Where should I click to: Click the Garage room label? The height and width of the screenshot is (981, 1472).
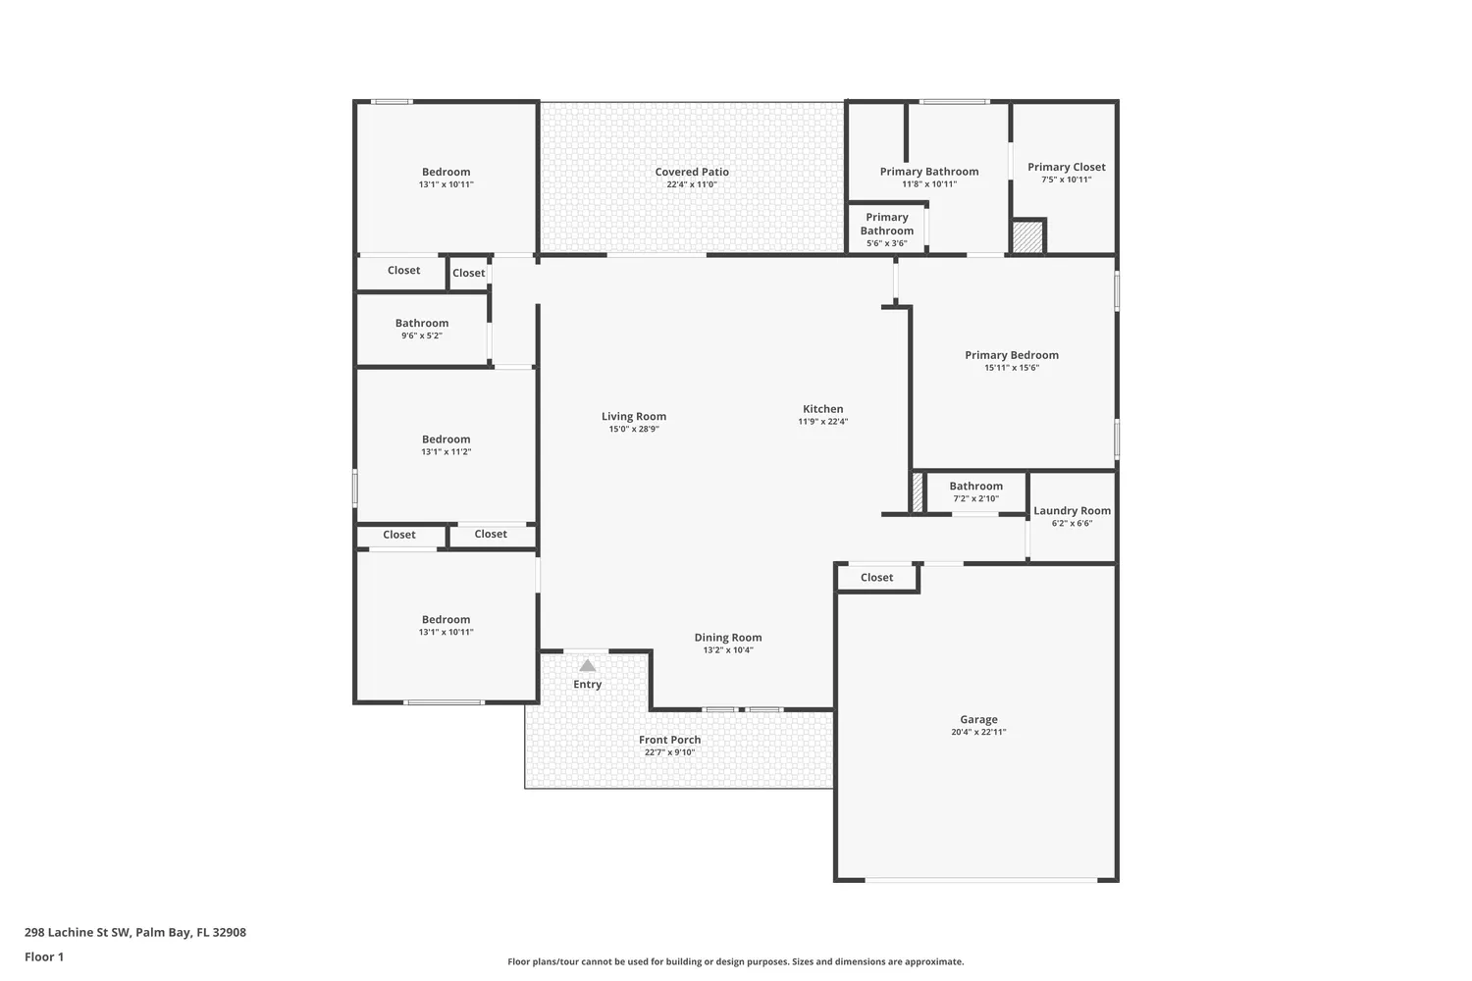978,719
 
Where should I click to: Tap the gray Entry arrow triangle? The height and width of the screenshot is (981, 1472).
587,666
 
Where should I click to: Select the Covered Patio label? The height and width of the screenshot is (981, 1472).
692,172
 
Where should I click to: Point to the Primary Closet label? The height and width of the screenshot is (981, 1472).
1066,167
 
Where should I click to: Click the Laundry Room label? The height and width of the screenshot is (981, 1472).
1072,510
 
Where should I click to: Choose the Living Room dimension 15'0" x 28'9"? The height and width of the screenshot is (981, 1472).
634,429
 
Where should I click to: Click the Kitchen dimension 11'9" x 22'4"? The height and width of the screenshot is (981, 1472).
822,422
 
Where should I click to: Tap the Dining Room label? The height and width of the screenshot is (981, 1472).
728,638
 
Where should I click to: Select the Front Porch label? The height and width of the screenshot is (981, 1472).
669,740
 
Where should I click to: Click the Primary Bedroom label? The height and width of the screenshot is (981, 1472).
1011,355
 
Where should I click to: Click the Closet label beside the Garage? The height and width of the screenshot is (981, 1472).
876,577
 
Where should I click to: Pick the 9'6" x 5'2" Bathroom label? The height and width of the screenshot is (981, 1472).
422,323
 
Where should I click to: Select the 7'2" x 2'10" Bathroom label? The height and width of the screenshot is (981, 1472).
975,486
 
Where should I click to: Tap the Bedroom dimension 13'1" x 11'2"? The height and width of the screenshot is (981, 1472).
447,452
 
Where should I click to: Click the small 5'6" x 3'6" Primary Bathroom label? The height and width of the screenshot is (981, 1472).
886,224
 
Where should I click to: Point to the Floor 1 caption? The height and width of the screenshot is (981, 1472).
44,956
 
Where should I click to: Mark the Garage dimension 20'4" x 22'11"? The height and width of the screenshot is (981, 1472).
978,732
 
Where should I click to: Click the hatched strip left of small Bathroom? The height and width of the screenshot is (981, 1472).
918,492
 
